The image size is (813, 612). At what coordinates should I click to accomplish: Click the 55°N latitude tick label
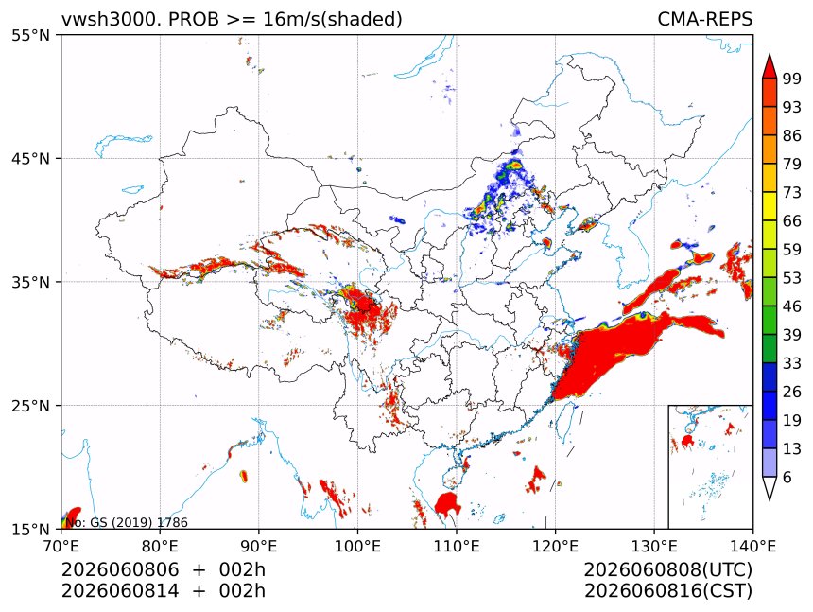pos(30,35)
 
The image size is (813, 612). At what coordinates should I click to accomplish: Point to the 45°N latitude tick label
pos(30,158)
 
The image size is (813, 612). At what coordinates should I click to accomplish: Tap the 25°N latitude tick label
pos(30,405)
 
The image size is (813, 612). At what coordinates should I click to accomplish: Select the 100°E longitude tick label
pos(357,546)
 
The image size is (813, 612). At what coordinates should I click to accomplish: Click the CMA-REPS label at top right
pos(704,19)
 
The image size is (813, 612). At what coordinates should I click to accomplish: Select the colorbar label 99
pos(792,79)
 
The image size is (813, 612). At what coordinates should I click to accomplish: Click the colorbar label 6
pos(787,477)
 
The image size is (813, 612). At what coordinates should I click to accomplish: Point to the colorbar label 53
pos(792,278)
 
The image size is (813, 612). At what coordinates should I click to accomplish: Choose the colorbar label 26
pos(792,392)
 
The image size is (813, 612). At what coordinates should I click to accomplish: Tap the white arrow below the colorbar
pos(770,486)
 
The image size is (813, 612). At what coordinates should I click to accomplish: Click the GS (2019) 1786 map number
pos(139,522)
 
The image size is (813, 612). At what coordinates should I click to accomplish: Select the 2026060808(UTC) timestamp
pos(667,569)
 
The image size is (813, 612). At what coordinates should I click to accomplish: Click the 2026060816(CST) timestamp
pos(667,591)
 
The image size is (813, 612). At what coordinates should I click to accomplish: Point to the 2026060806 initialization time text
pos(120,569)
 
